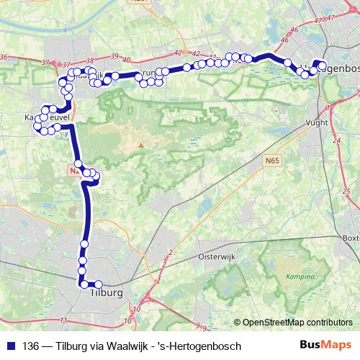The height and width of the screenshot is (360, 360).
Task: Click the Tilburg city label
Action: [107, 293]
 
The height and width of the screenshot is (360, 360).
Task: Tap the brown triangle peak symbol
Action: [142, 146]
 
